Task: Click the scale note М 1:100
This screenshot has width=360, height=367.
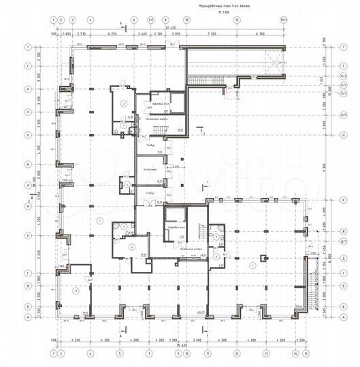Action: [216, 12]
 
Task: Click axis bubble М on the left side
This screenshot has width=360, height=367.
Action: [28, 165]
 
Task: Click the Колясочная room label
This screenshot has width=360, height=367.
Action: [150, 169]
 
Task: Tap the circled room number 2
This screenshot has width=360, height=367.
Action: [124, 103]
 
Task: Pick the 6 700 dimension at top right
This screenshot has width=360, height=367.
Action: [259, 33]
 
